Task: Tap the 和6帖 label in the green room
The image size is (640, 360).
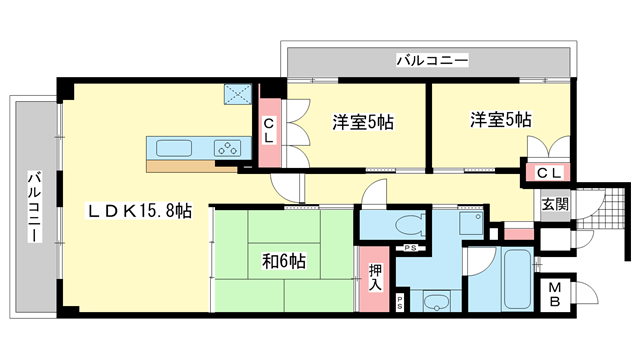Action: pyautogui.click(x=283, y=262)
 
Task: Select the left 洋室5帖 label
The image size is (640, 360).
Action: pyautogui.click(x=362, y=123)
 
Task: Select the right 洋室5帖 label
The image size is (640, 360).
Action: pyautogui.click(x=501, y=120)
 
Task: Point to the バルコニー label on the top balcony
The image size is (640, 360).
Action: pyautogui.click(x=431, y=61)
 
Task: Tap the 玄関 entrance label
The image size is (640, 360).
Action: pyautogui.click(x=556, y=204)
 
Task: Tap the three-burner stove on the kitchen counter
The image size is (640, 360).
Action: pyautogui.click(x=229, y=148)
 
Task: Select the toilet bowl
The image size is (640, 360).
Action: pyautogui.click(x=407, y=223)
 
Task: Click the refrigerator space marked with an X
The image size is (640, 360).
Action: pyautogui.click(x=239, y=95)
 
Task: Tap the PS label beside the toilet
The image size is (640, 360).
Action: pyautogui.click(x=409, y=248)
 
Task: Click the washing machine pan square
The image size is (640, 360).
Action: pyautogui.click(x=469, y=222)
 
